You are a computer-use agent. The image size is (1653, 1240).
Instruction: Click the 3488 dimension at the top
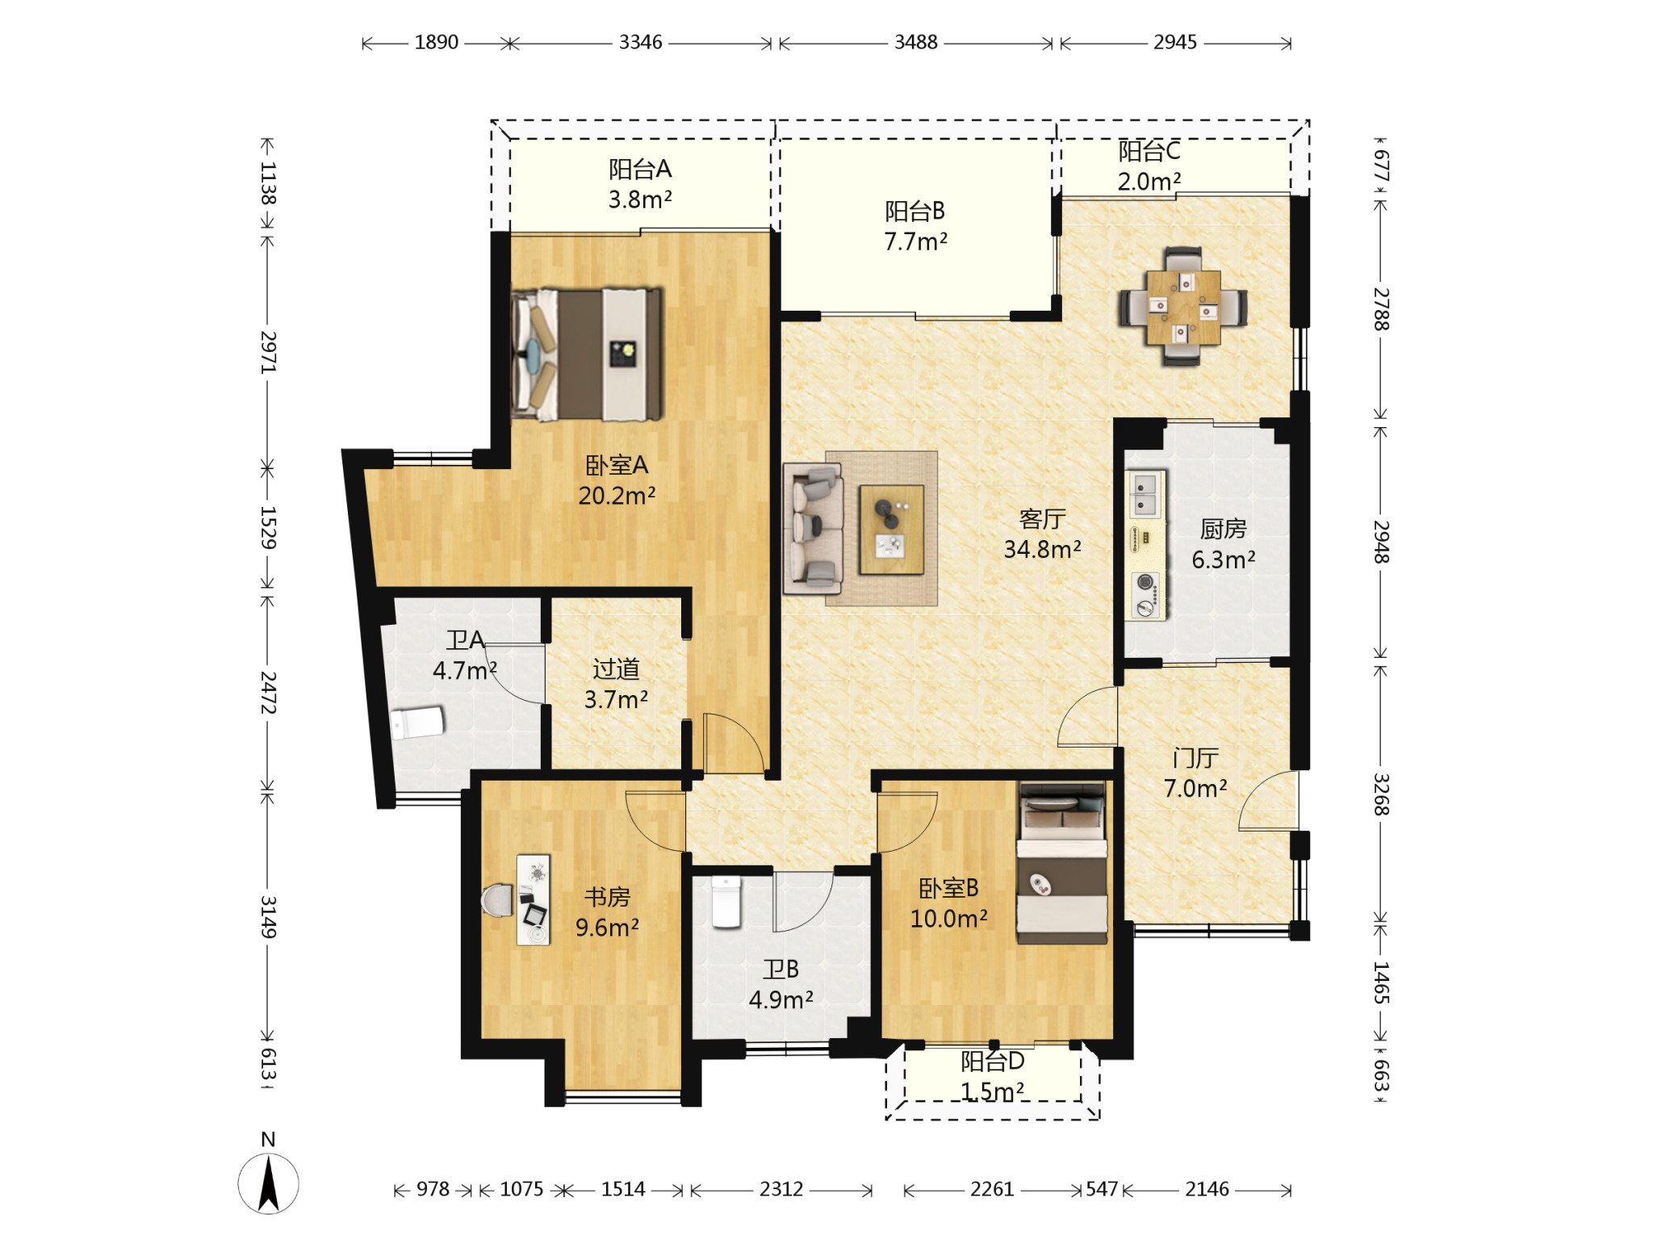tap(915, 42)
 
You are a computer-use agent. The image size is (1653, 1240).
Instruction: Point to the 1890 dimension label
tap(436, 42)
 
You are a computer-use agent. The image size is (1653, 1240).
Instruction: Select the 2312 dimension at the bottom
tap(780, 1189)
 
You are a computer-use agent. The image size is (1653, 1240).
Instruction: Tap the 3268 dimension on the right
tap(1381, 794)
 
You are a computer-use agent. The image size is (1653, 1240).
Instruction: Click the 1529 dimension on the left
tap(268, 528)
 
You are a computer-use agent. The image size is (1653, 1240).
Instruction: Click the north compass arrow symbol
tap(269, 1183)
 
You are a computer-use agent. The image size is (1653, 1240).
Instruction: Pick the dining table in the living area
tap(1182, 307)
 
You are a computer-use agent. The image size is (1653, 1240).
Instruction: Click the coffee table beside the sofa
tap(891, 530)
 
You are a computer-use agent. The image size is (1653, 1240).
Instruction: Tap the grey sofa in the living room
tap(814, 529)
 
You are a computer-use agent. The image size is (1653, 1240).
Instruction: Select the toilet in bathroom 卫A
tap(417, 723)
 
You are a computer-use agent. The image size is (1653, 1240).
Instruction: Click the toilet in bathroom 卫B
tap(726, 902)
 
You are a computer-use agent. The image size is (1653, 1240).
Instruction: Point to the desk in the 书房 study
tap(534, 899)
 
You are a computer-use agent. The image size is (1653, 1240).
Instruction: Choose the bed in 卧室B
tap(1062, 862)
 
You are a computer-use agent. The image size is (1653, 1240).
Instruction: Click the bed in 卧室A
tap(587, 354)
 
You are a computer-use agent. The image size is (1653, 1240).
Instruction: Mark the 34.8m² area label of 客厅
tap(1042, 550)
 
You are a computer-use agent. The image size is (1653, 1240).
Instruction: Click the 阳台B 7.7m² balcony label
tap(915, 226)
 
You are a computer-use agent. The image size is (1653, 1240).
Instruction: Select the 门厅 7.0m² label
tap(1195, 773)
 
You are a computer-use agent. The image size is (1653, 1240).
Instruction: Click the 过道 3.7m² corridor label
tap(616, 684)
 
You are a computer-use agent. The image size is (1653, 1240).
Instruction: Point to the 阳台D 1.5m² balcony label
tap(992, 1076)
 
